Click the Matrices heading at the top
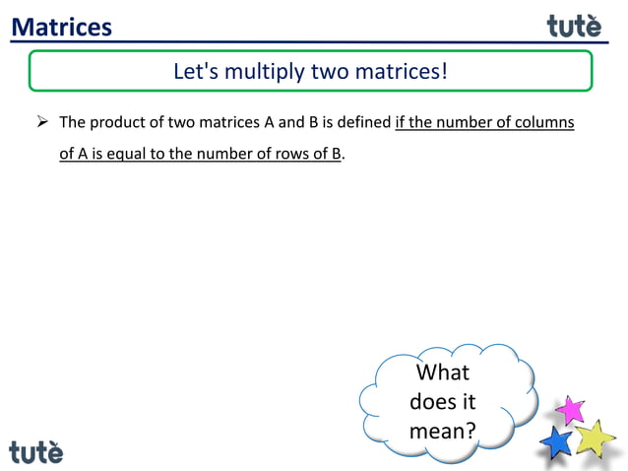pos(62,27)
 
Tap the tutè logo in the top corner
pos(574,26)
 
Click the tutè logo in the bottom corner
pos(36,451)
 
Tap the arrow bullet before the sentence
pos(42,123)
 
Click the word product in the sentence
pos(118,123)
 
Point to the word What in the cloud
pos(443,372)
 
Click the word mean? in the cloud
pos(443,431)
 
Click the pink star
pos(569,408)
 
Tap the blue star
pos(557,441)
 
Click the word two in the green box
pos(329,72)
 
